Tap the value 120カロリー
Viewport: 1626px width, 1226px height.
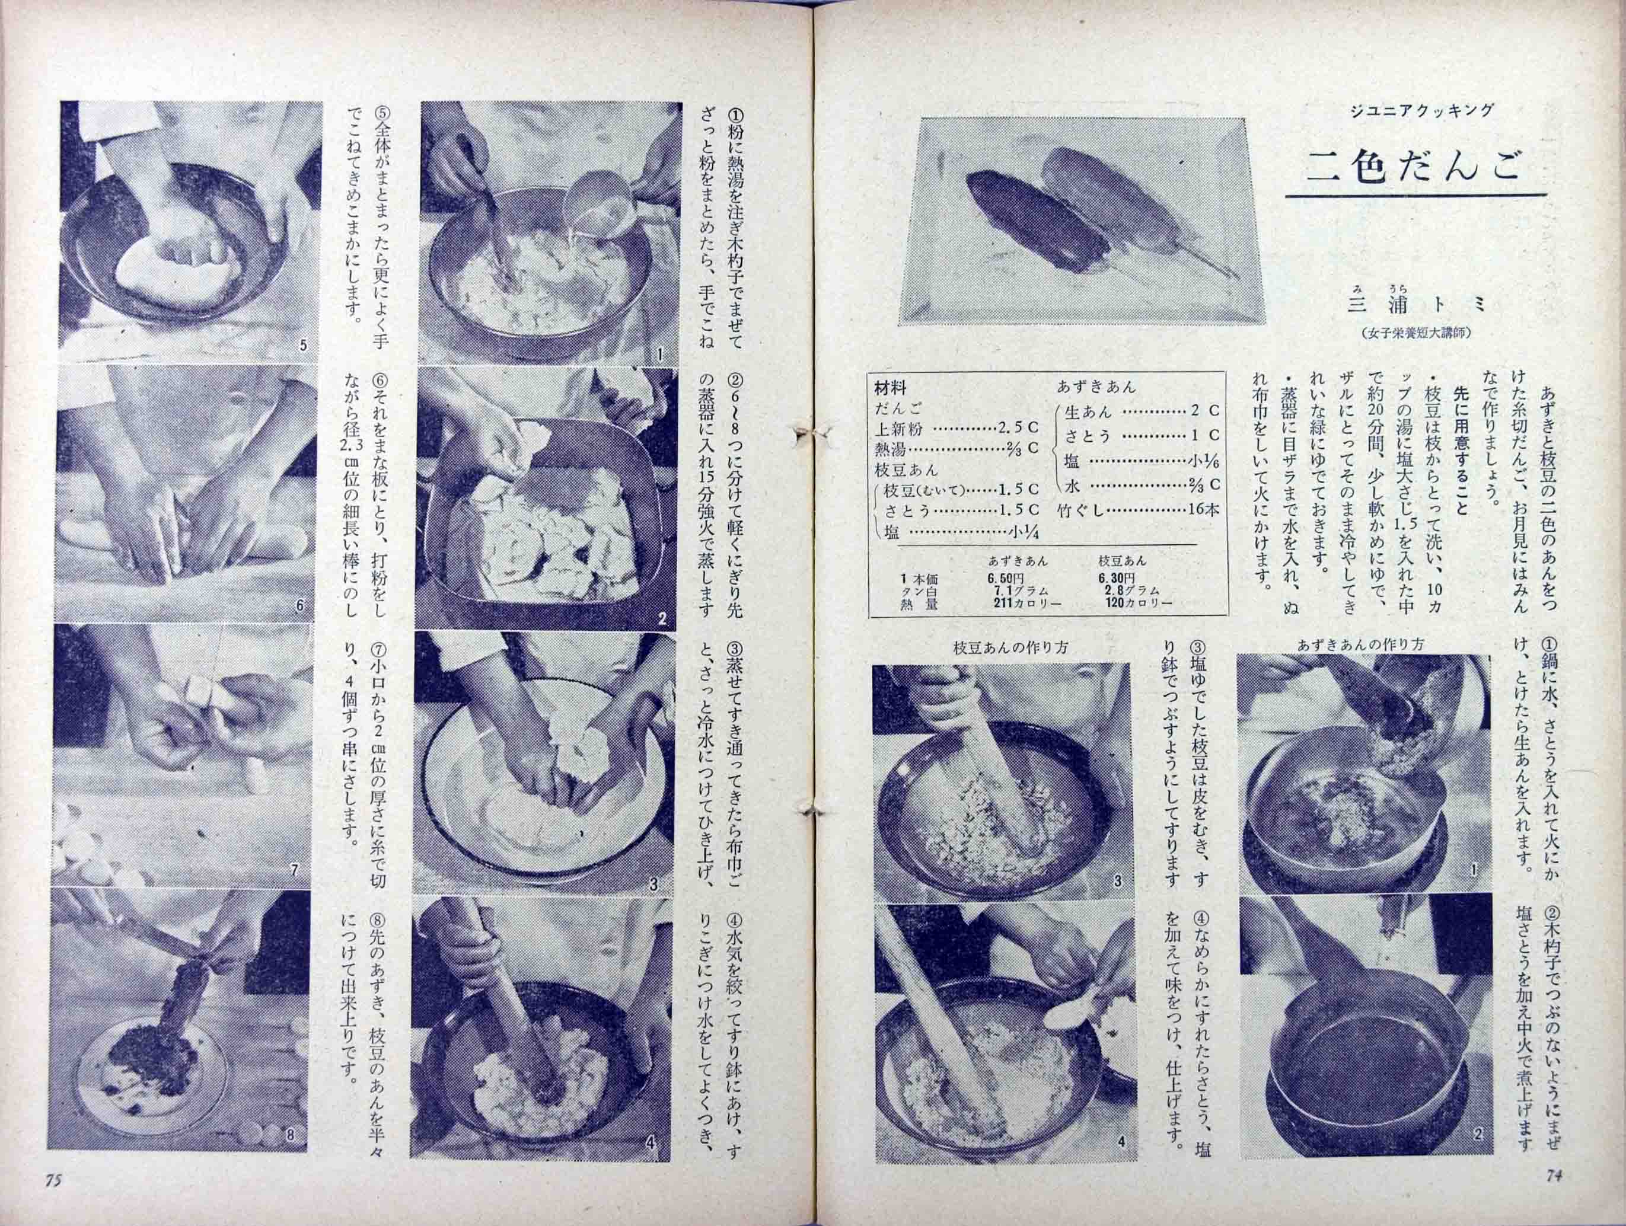click(x=1139, y=604)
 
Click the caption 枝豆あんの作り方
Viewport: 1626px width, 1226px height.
click(x=999, y=649)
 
